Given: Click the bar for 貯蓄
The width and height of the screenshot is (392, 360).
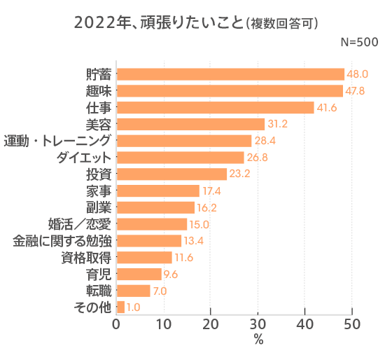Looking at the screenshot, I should tap(230, 74).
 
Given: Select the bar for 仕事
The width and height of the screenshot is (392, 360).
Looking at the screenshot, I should tap(215, 107).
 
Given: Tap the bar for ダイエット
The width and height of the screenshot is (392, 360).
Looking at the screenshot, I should tap(180, 158).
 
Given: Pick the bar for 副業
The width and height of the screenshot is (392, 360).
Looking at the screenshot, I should tap(155, 207).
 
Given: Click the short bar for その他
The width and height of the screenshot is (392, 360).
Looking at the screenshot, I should tap(120, 307).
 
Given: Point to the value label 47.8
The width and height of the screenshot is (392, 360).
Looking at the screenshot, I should tap(356, 91).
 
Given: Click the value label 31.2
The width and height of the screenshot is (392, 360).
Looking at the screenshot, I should tap(278, 124).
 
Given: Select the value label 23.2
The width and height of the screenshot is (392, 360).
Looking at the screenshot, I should tap(240, 174).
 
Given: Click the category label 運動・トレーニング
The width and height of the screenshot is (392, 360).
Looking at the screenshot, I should tap(57, 141).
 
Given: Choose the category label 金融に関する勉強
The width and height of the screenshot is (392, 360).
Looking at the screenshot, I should tap(62, 241).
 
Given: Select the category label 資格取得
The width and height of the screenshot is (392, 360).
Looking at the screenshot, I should tap(86, 258).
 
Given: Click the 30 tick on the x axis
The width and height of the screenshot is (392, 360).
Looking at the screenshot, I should tap(258, 325).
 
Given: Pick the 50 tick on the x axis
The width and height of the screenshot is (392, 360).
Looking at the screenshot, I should tap(352, 325).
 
